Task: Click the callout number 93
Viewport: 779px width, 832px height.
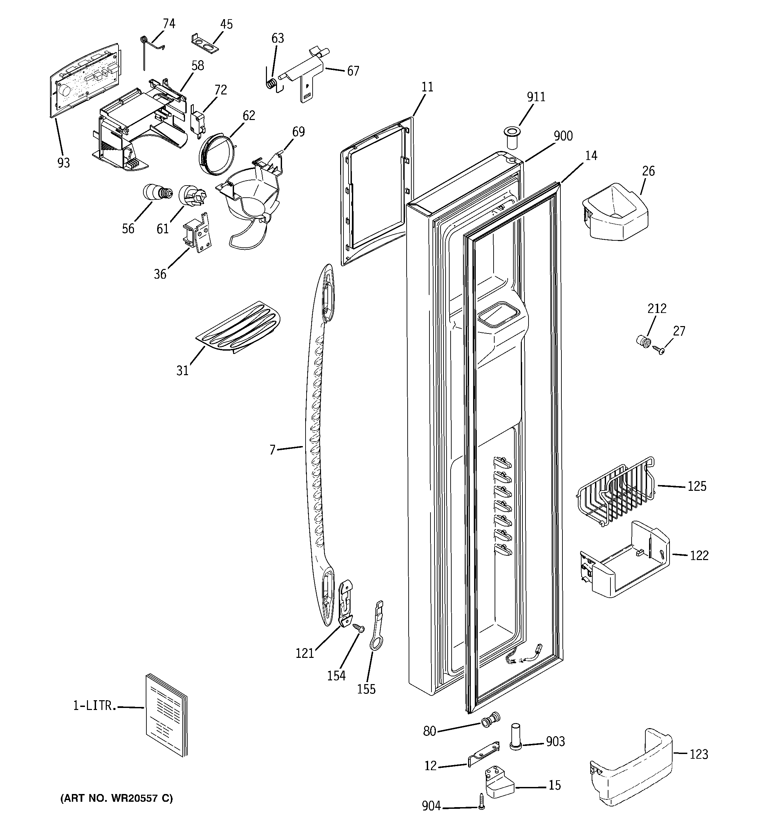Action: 63,163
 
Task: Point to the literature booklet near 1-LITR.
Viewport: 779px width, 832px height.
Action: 166,719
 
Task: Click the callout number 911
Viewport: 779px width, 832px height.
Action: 536,97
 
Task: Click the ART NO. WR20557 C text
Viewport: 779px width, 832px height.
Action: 117,798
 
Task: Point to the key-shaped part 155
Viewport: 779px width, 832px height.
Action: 376,626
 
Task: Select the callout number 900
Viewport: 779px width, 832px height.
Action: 563,136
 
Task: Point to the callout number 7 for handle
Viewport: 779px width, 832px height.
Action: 272,450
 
